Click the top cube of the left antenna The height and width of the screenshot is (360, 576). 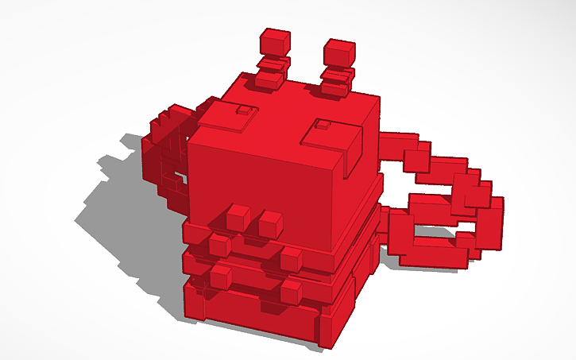[275, 41]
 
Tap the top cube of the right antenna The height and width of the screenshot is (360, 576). [338, 52]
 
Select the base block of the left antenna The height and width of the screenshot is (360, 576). [269, 80]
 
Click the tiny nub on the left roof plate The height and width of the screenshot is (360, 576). [247, 110]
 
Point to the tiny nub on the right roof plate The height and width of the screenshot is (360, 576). [323, 125]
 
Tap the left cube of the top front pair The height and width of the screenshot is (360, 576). [238, 215]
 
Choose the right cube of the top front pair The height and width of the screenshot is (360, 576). [271, 223]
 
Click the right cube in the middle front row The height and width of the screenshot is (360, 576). [291, 257]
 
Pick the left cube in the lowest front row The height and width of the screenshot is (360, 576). [220, 276]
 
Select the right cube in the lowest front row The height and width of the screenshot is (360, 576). [291, 290]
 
